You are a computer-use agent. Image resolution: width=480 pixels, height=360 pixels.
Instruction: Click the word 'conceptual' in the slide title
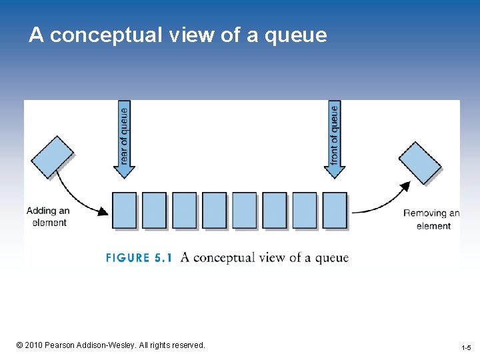click(x=106, y=35)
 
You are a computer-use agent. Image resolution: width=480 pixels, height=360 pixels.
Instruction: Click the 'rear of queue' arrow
click(x=124, y=140)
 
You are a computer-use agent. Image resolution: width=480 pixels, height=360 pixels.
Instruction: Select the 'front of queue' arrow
click(x=335, y=140)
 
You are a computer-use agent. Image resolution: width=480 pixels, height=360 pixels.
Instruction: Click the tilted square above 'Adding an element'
click(x=53, y=157)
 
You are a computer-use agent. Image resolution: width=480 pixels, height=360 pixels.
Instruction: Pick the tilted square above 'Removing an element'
click(x=420, y=162)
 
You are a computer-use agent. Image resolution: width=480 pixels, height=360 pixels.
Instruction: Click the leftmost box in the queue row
click(x=124, y=210)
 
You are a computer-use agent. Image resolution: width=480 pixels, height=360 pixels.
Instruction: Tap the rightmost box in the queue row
click(x=335, y=210)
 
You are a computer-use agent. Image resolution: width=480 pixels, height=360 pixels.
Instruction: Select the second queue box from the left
click(x=154, y=210)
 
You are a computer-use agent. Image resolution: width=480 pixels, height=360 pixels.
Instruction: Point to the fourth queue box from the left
click(x=214, y=210)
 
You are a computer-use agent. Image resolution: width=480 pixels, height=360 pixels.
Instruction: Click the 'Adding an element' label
click(x=49, y=217)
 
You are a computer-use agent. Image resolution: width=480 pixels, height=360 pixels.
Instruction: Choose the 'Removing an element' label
click(x=432, y=219)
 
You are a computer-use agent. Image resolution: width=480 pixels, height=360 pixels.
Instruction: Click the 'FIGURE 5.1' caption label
click(x=139, y=258)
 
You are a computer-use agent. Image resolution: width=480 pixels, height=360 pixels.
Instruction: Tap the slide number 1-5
click(x=466, y=348)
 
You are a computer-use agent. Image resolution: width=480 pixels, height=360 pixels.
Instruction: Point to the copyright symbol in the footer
click(x=20, y=345)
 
